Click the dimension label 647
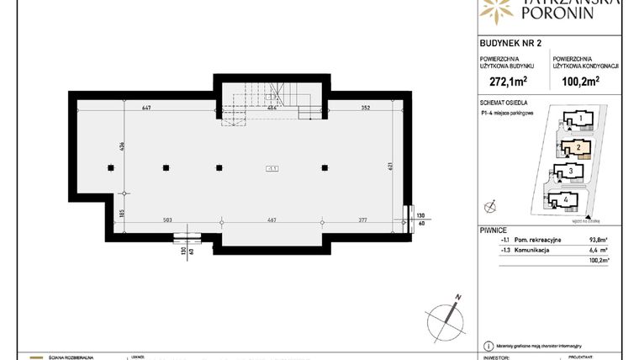[x=146, y=108]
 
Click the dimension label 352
[x=366, y=108]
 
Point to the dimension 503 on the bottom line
[x=167, y=220]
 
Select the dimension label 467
[x=272, y=220]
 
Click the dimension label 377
[x=362, y=220]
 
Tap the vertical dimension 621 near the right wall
[x=391, y=166]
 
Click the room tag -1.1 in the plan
[x=272, y=168]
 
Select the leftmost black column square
[x=111, y=167]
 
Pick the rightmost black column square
[x=325, y=167]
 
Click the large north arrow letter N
[x=457, y=296]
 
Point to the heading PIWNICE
[x=490, y=228]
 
